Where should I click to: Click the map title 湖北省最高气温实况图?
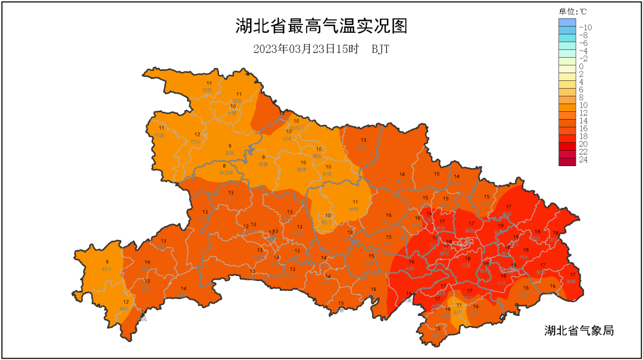[x=321, y=27]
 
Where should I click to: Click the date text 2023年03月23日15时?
[x=305, y=49]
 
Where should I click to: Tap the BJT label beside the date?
[x=380, y=49]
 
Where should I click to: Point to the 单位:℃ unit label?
[x=572, y=11]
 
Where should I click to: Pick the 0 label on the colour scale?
[x=581, y=66]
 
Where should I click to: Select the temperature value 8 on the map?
[x=224, y=166]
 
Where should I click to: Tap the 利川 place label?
[x=107, y=269]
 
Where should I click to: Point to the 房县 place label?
[x=229, y=153]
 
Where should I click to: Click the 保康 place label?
[x=263, y=164]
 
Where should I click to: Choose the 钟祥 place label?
[x=354, y=209]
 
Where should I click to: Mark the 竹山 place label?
[x=196, y=142]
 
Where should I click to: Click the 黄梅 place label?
[x=572, y=281]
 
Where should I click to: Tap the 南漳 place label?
[x=302, y=170]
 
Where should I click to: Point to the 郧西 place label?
[x=207, y=90]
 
